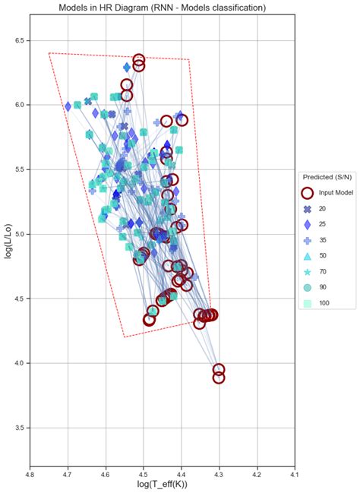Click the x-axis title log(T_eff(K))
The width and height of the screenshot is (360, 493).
162,485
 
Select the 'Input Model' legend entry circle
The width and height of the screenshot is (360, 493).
308,193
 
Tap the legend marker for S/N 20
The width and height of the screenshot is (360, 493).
308,209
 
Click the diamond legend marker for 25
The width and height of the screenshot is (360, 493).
308,225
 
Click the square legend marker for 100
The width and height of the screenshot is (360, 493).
308,303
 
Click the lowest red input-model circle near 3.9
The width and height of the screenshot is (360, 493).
219,378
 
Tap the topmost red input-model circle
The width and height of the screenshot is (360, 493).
139,59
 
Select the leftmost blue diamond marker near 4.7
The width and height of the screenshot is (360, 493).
68,106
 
